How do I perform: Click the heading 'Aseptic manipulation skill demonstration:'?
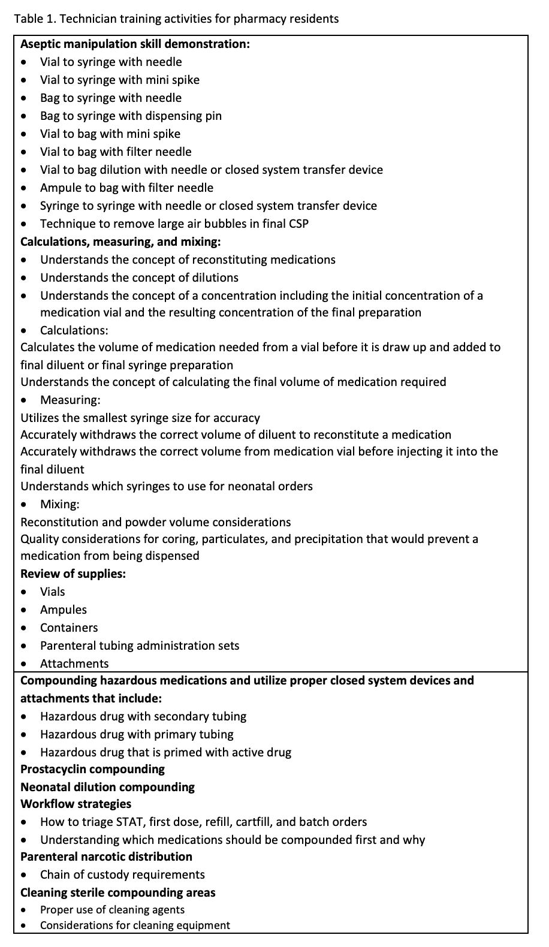click(x=135, y=44)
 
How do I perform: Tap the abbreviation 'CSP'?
click(x=298, y=224)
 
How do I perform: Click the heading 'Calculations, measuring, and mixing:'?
click(x=120, y=242)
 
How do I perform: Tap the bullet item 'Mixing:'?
click(x=60, y=504)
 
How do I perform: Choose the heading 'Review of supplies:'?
click(x=73, y=574)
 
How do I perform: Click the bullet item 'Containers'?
click(x=69, y=628)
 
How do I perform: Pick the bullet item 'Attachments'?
click(x=74, y=663)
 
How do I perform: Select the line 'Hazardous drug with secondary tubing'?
click(x=143, y=716)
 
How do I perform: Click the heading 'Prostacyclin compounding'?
click(x=92, y=769)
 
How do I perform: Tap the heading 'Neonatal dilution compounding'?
click(x=107, y=787)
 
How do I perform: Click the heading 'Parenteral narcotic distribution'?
click(x=106, y=856)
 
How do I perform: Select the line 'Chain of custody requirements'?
click(x=122, y=874)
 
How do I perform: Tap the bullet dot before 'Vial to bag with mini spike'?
click(x=23, y=134)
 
